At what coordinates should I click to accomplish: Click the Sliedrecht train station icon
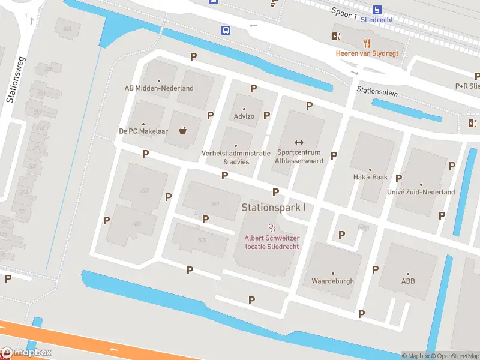[377, 10]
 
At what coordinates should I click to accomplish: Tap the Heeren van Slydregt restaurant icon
[367, 43]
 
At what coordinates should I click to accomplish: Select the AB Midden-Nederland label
[159, 88]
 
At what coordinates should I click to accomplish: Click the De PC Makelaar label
[143, 131]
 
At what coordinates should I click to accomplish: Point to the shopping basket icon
[182, 130]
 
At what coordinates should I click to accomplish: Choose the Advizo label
[244, 116]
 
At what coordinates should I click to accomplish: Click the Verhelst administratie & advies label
[236, 157]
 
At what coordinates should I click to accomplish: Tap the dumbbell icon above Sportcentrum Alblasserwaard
[299, 142]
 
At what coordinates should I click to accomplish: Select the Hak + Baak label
[370, 177]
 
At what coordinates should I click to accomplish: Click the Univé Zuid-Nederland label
[421, 192]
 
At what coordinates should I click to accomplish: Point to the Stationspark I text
[274, 208]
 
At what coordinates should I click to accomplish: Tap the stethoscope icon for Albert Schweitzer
[272, 228]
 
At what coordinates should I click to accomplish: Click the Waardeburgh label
[332, 281]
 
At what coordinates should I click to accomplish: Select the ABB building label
[408, 281]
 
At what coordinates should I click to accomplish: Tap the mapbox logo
[26, 352]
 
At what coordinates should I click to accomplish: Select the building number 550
[215, 204]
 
